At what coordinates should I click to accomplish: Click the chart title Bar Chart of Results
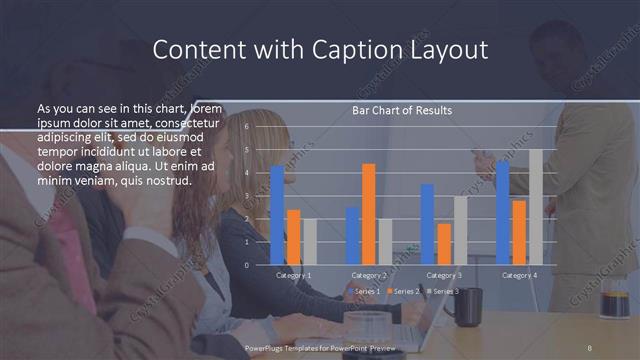click(x=402, y=110)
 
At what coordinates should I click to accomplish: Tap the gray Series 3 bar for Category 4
click(x=536, y=207)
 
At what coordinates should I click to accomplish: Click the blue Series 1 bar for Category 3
click(x=427, y=224)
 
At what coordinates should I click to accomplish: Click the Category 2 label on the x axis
click(x=369, y=275)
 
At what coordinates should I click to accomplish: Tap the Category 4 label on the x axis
click(x=520, y=275)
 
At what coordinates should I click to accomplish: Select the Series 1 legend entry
click(x=364, y=291)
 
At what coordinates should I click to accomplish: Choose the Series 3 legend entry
click(x=444, y=291)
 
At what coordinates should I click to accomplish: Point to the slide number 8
click(x=589, y=346)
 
